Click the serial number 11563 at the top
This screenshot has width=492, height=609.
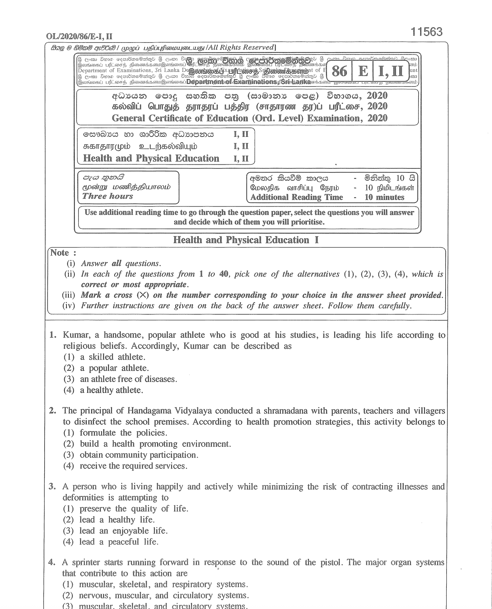point(426,32)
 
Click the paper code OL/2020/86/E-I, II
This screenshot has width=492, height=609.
point(79,37)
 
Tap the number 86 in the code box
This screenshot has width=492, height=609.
point(339,71)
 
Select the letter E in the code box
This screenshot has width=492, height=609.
point(363,71)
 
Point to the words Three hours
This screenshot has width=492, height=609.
point(107,196)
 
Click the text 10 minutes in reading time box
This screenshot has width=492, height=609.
point(384,197)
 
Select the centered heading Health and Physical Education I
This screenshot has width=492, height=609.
point(246,240)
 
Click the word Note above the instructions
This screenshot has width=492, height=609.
point(60,253)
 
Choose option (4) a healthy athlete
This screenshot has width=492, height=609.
point(103,390)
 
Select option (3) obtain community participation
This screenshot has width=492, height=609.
point(131,455)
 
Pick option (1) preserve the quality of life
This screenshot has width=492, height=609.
point(125,509)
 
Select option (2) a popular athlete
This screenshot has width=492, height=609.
point(106,368)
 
